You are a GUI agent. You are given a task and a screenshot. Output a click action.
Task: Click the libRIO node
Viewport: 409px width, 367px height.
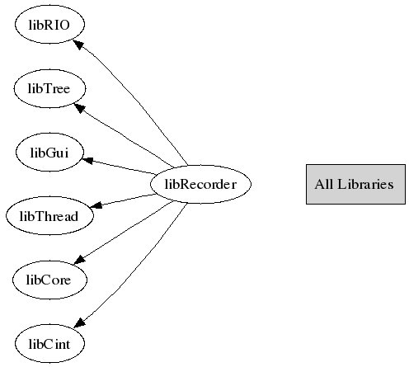49,25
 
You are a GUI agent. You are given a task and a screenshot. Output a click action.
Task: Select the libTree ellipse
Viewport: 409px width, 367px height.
49,88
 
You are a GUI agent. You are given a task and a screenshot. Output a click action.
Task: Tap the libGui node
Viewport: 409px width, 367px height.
49,153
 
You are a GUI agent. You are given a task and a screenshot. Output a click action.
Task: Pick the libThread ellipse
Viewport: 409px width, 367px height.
49,216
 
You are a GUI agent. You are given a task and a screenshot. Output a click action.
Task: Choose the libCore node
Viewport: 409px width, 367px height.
49,280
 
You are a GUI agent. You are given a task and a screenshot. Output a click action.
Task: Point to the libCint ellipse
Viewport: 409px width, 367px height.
49,344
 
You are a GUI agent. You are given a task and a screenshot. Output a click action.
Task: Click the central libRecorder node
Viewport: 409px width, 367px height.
200,184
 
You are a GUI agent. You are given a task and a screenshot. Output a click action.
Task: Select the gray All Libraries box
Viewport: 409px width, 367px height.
355,184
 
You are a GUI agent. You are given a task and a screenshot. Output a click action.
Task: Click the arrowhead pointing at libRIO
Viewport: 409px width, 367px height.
78,44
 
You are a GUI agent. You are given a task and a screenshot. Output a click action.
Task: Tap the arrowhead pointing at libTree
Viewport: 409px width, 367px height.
80,107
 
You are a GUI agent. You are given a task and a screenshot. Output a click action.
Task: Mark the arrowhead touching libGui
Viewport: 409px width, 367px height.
87,160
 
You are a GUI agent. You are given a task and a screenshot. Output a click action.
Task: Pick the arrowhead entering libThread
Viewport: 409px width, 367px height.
96,205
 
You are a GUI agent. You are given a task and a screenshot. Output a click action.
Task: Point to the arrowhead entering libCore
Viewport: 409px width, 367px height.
80,260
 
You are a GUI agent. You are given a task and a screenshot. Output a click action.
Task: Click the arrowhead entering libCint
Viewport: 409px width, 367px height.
80,322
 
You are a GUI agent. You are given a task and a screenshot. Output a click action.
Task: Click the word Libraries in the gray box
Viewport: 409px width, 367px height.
365,184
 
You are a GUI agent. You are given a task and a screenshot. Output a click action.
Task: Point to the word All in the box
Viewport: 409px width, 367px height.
324,184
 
